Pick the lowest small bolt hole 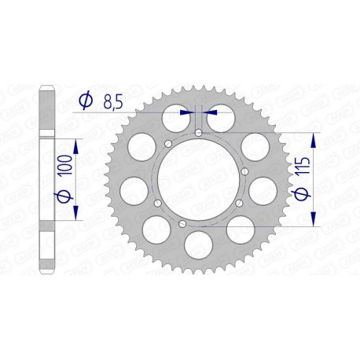(183, 223)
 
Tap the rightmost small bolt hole (245, 171)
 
